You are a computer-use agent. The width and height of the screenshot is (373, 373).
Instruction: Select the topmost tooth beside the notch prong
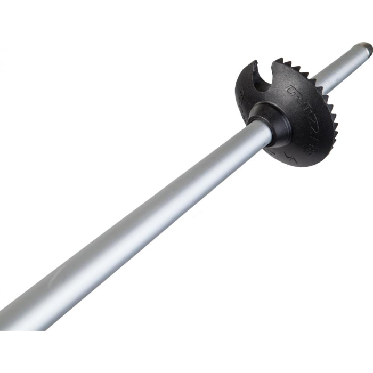click(288, 63)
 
